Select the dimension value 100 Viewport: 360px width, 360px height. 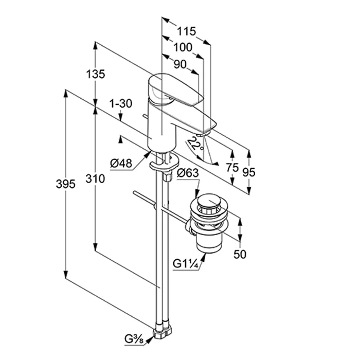183,47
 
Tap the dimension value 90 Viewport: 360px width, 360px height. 179,64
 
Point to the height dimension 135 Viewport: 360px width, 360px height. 96,74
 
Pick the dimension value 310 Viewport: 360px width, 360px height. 96,179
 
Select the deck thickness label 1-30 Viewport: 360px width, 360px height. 121,103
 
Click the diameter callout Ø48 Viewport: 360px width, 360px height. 121,164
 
